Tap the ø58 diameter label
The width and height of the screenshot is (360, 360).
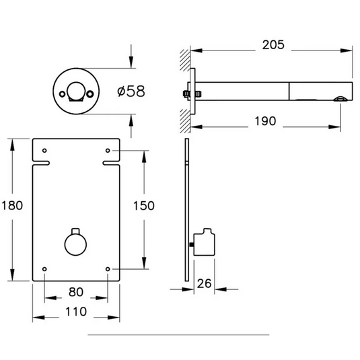pos(131,91)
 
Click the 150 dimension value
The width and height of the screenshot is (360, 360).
pos(144,205)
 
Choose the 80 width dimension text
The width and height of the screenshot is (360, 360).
pos(76,292)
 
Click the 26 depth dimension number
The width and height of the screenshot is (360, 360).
pos(205,284)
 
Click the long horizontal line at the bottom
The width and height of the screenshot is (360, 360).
pos(178,334)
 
